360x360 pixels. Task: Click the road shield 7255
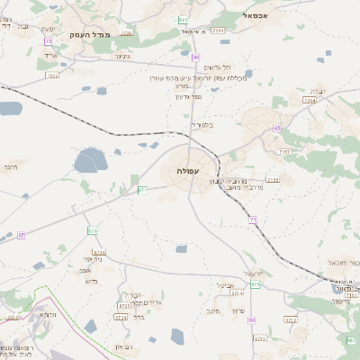click(x=51, y=76)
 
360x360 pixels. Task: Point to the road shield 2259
click(x=126, y=31)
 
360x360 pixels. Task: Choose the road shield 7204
click(x=310, y=101)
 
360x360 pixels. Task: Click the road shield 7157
click(x=284, y=152)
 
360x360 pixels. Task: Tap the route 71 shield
click(x=253, y=220)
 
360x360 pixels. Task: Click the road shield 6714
click(x=99, y=253)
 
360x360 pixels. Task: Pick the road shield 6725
click(x=121, y=317)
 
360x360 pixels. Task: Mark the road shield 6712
click(x=290, y=319)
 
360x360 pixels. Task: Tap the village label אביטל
click(x=227, y=285)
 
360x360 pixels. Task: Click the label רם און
click(x=124, y=346)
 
